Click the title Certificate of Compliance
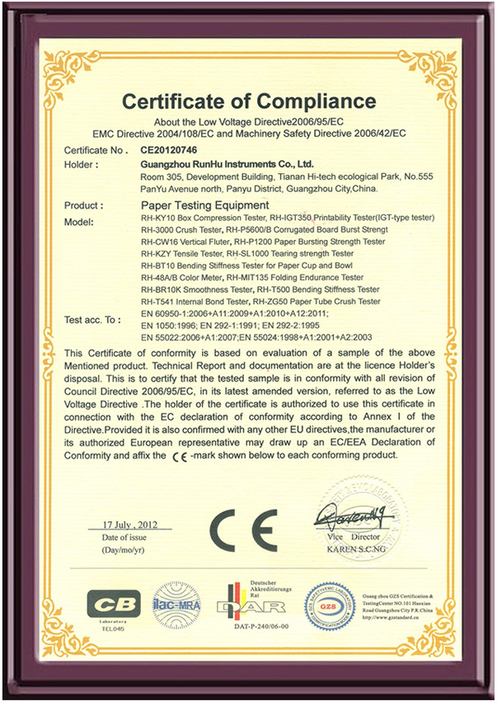tap(249, 101)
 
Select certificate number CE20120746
tap(169, 151)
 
